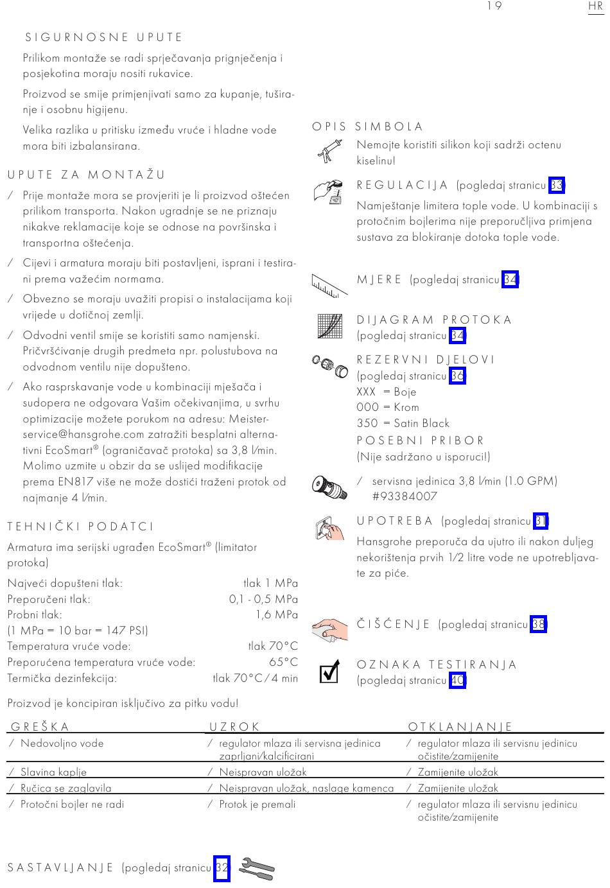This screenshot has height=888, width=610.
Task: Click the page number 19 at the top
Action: [494, 6]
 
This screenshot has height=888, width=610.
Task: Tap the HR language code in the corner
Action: [595, 6]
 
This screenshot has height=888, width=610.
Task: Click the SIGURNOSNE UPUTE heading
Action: [104, 38]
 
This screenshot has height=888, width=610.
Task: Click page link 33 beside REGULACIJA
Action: [557, 186]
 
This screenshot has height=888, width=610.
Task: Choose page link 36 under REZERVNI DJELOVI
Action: [457, 376]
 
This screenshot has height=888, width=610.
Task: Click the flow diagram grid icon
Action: [330, 326]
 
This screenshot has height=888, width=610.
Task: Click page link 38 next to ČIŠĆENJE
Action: [539, 624]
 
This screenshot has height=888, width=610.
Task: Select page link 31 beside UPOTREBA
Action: [541, 521]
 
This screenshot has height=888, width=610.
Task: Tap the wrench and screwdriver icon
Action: [256, 869]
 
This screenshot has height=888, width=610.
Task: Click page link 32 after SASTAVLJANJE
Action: [222, 868]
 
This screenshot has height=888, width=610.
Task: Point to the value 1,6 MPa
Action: [277, 614]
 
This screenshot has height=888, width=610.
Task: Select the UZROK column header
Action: [234, 727]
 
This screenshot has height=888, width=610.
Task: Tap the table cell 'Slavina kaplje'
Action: [53, 772]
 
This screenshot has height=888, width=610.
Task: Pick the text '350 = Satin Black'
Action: [403, 423]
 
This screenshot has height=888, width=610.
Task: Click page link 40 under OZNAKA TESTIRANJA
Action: [457, 681]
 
